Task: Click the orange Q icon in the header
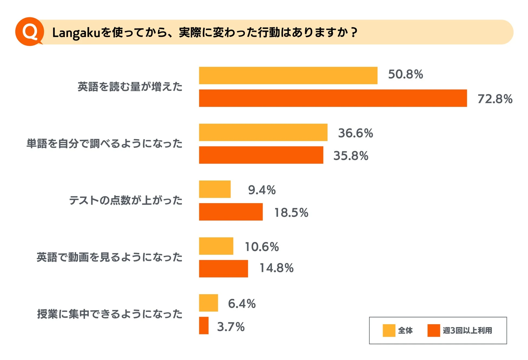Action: [30, 32]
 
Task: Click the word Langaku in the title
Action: [76, 33]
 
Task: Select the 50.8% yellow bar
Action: [288, 76]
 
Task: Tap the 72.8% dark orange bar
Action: [333, 98]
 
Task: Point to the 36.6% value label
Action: [355, 133]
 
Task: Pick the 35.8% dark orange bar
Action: [261, 155]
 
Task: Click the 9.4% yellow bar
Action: [214, 189]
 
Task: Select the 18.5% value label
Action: [291, 212]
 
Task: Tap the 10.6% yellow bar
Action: [216, 246]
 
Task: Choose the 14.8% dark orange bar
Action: [223, 269]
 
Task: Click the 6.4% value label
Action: [242, 304]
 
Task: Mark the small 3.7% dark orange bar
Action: [204, 326]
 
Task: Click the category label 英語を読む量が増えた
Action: [130, 87]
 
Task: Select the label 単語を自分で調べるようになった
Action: [104, 144]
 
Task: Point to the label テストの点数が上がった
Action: [126, 201]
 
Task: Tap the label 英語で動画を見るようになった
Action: [109, 257]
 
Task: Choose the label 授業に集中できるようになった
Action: [110, 314]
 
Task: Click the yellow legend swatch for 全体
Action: [389, 330]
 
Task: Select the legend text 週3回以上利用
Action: [467, 330]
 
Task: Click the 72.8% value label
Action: [495, 99]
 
